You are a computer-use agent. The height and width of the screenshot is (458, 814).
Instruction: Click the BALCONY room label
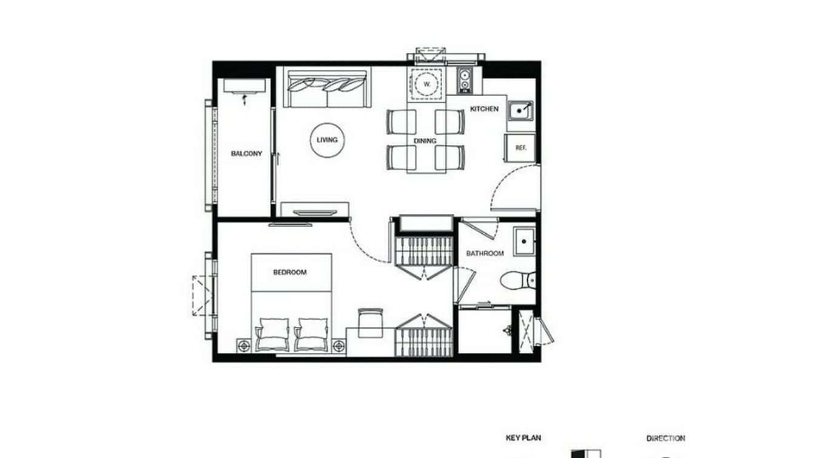click(x=246, y=154)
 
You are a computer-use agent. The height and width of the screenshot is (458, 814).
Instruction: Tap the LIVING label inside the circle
click(x=327, y=140)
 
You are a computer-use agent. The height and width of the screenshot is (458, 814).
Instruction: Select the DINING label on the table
click(x=425, y=141)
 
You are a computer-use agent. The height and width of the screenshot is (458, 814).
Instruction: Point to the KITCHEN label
click(x=485, y=109)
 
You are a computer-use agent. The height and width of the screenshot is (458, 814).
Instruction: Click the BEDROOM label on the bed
click(x=290, y=272)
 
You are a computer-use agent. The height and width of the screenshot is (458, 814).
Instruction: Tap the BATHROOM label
click(x=485, y=253)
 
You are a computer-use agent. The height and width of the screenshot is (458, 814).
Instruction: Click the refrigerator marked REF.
click(x=520, y=148)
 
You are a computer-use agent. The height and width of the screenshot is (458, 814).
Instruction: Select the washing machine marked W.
click(x=427, y=83)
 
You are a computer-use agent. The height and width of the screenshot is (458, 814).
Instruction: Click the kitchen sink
click(x=520, y=111)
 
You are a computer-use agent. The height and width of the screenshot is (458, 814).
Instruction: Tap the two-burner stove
click(x=464, y=80)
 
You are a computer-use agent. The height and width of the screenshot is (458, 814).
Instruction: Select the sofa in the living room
click(x=328, y=89)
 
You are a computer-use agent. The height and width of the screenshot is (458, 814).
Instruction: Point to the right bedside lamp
click(x=338, y=346)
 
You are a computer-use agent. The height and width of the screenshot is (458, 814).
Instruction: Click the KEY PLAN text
click(x=523, y=437)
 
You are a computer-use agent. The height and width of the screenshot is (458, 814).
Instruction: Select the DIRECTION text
click(x=665, y=437)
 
